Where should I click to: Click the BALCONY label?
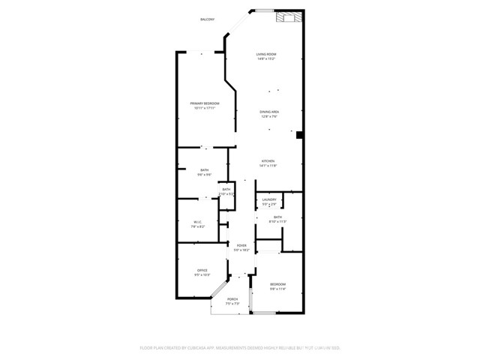click(208, 19)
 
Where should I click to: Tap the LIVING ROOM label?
click(266, 54)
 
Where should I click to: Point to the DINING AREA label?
click(269, 111)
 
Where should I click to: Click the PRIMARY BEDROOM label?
click(204, 103)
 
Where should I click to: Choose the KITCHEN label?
click(268, 160)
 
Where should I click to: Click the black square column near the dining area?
click(299, 136)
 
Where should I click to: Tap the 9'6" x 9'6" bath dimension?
click(204, 175)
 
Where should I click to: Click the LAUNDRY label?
click(269, 199)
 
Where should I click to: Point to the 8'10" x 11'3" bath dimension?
click(277, 221)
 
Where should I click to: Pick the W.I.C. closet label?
click(198, 221)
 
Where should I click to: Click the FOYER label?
click(241, 245)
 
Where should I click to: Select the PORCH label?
click(232, 299)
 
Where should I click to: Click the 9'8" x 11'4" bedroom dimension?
click(277, 289)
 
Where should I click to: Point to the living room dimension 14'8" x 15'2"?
click(266, 59)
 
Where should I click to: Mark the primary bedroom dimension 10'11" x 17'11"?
click(204, 108)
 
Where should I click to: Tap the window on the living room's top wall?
click(264, 10)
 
